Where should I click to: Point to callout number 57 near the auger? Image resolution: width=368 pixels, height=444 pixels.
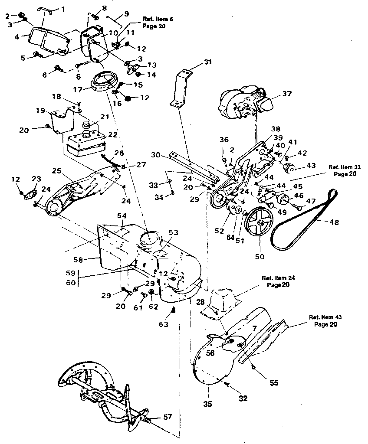pyautogui.click(x=168, y=417)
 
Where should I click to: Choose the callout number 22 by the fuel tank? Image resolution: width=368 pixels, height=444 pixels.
pyautogui.click(x=112, y=135)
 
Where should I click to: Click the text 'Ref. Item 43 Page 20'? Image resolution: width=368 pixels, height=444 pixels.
pyautogui.click(x=323, y=320)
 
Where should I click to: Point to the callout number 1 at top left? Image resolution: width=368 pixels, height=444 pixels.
pyautogui.click(x=64, y=9)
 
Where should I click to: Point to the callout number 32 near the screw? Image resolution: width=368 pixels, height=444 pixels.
pyautogui.click(x=243, y=398)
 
